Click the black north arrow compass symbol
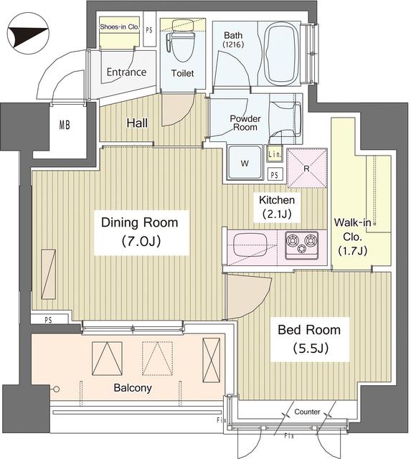click(29, 34)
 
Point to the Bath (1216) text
click(234, 40)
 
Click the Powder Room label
click(245, 123)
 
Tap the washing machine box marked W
click(245, 164)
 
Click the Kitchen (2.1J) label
click(277, 207)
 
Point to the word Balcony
click(131, 388)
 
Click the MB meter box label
click(65, 126)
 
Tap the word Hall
click(137, 123)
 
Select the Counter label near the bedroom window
click(307, 412)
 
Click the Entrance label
click(126, 72)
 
